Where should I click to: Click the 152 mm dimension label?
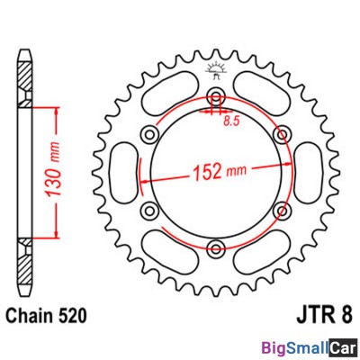click(219, 172)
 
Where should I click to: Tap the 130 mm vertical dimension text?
click(53, 170)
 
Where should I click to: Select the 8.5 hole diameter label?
click(231, 121)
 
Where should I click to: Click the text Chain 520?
click(47, 316)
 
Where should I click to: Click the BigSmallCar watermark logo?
click(310, 348)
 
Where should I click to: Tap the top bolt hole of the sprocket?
click(216, 95)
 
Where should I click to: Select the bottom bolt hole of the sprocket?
click(216, 247)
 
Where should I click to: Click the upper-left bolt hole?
click(149, 134)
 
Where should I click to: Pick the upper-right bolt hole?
click(282, 134)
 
